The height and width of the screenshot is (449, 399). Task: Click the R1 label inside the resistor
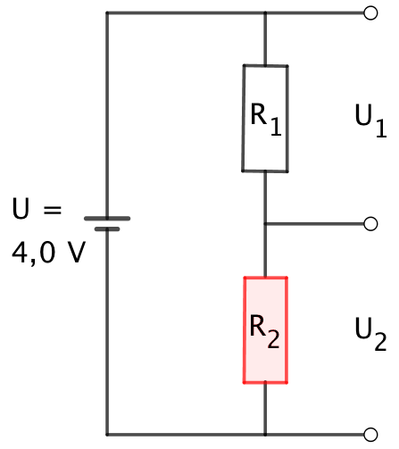tap(266, 120)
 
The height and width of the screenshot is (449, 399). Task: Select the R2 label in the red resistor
tap(265, 331)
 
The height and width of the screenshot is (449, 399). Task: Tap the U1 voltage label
tap(370, 121)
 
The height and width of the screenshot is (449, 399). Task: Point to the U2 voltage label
tap(370, 334)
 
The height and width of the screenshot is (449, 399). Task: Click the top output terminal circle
tap(370, 13)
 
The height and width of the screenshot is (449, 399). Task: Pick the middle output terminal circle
tap(370, 224)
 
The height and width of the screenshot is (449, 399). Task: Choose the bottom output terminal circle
tap(370, 435)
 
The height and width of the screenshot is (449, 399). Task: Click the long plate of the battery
tap(107, 219)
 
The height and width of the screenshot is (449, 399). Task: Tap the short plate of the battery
tap(107, 229)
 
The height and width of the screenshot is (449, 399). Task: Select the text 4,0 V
tap(49, 253)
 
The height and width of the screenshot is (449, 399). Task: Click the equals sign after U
tap(53, 210)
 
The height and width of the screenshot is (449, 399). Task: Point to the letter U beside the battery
tap(21, 208)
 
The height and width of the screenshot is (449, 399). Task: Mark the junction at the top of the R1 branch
tap(265, 13)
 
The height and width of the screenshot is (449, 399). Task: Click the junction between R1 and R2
tap(265, 224)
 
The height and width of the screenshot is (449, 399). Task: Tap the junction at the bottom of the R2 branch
tap(265, 435)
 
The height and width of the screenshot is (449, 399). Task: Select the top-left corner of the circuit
tap(107, 13)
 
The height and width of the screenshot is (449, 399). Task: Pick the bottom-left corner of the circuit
tap(107, 435)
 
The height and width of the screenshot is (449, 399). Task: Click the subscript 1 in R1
tap(276, 127)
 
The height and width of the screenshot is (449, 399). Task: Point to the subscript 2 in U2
tap(380, 342)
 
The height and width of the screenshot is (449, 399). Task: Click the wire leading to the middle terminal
tap(315, 224)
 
